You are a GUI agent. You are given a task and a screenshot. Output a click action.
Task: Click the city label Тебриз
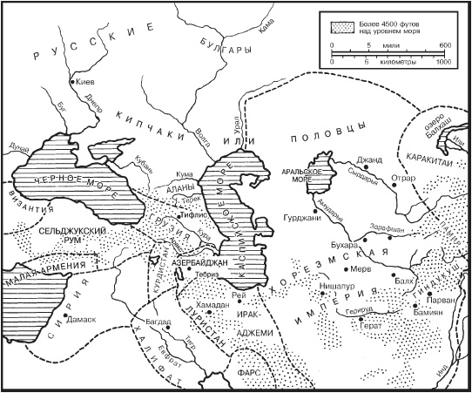tap(206, 272)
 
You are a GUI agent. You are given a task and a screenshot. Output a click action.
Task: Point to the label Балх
tap(404, 281)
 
